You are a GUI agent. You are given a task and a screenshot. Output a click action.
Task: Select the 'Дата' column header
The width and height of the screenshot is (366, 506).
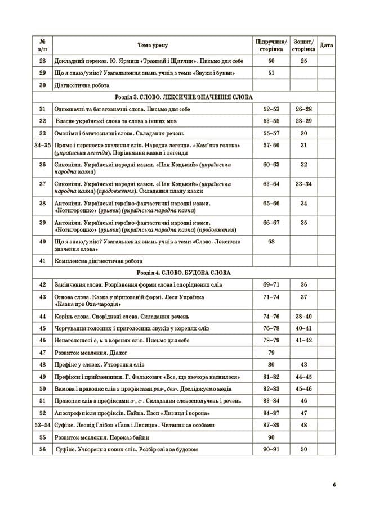pos(326,45)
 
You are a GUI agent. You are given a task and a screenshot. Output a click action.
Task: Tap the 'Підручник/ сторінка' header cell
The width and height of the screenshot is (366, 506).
pos(271,45)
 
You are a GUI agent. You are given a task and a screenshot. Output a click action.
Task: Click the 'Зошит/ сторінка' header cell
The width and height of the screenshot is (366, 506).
pos(303,45)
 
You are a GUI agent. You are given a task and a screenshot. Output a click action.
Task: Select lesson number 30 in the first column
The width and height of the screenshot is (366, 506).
pos(42,85)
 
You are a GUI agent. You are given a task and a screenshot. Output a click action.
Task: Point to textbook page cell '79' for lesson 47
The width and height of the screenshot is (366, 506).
pos(271,353)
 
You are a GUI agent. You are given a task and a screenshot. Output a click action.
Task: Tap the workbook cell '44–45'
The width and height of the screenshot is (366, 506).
pos(303,377)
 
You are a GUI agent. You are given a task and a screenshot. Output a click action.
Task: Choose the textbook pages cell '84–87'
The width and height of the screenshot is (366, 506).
pos(271,413)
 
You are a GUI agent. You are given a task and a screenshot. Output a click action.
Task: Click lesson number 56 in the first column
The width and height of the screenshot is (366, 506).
pos(42,449)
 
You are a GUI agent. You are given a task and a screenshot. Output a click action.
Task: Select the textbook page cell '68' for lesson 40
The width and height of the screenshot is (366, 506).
pos(271,241)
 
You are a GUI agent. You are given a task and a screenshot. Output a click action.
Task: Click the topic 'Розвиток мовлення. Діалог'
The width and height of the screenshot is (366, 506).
pos(87,353)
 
